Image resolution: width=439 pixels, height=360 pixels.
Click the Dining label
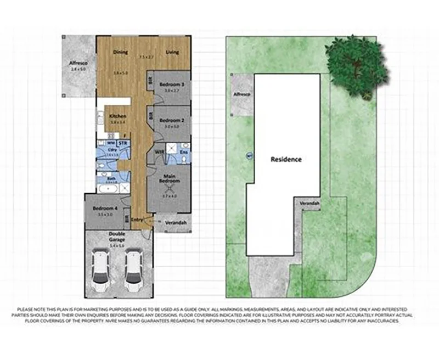tap(120, 53)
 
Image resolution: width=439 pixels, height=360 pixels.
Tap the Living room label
tap(173, 53)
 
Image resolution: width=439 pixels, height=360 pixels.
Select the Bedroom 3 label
tap(171, 85)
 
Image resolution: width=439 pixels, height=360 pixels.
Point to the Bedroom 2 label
tap(171, 120)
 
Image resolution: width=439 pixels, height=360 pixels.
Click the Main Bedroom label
tap(171, 178)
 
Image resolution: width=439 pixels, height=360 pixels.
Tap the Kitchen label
tap(118, 116)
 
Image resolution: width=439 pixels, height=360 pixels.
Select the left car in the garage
tap(100, 271)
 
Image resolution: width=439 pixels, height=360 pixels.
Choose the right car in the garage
tap(133, 271)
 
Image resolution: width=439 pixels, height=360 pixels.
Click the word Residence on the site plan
tap(286, 160)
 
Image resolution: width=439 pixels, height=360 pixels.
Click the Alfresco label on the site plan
tap(242, 94)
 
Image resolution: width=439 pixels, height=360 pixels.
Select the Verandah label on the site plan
tap(309, 204)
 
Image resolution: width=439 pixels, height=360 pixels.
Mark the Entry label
tap(137, 220)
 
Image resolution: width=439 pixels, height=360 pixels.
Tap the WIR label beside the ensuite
tap(159, 151)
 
